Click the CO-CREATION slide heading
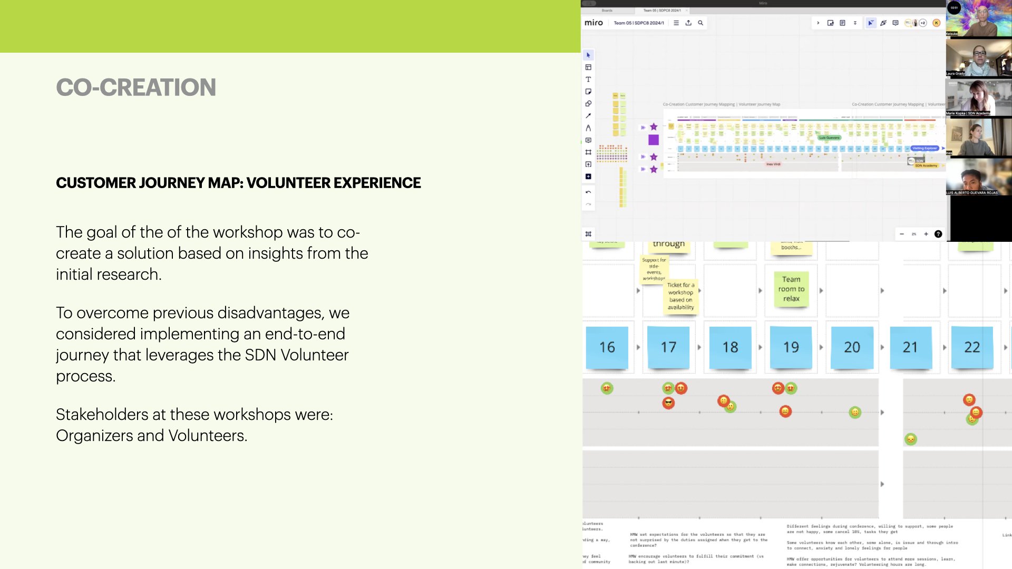(x=136, y=87)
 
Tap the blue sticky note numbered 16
(x=607, y=347)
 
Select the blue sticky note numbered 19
(x=791, y=347)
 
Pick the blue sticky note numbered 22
(x=972, y=347)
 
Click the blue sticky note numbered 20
(x=852, y=347)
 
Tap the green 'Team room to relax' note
(x=791, y=289)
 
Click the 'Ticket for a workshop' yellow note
(x=680, y=296)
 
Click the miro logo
(x=593, y=23)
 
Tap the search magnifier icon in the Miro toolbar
(x=700, y=23)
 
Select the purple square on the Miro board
(x=654, y=140)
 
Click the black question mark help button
(x=938, y=234)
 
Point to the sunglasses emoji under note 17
(x=668, y=403)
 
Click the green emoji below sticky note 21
(x=910, y=439)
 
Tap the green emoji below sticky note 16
(x=607, y=388)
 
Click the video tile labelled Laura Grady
(x=978, y=58)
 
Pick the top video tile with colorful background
(x=978, y=18)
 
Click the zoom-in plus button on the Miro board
(x=926, y=234)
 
